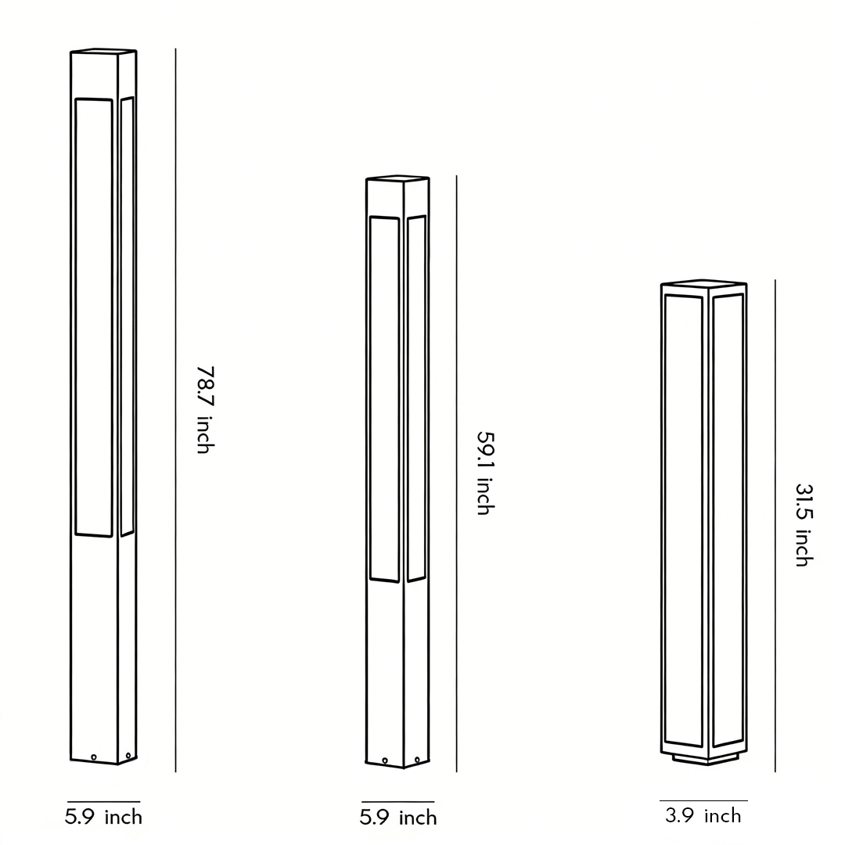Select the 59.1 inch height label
tap(485, 473)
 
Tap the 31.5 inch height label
tap(804, 524)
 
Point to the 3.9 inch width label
tap(703, 816)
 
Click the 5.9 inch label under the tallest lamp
tap(103, 818)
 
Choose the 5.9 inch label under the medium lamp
tap(398, 818)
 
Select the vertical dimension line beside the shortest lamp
tap(775, 524)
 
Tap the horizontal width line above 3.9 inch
tap(703, 801)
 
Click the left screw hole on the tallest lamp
tap(94, 757)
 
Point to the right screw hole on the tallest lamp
tap(128, 755)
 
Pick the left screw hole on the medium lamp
tap(385, 760)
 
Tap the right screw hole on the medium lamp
tap(418, 759)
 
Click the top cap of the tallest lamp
tap(103, 51)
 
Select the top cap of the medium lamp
tap(397, 178)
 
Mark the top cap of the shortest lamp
tap(703, 282)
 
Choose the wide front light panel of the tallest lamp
tap(94, 317)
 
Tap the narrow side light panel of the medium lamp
tap(416, 399)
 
